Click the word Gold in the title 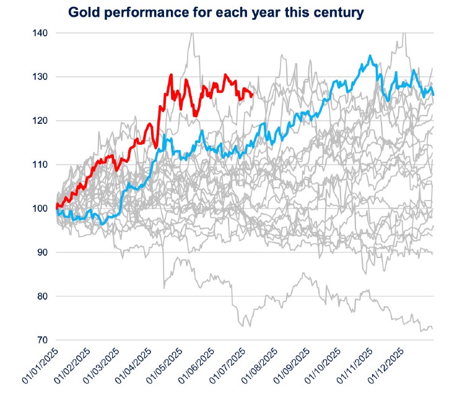point(84,12)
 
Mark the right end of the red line point(253,95)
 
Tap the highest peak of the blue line point(370,56)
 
